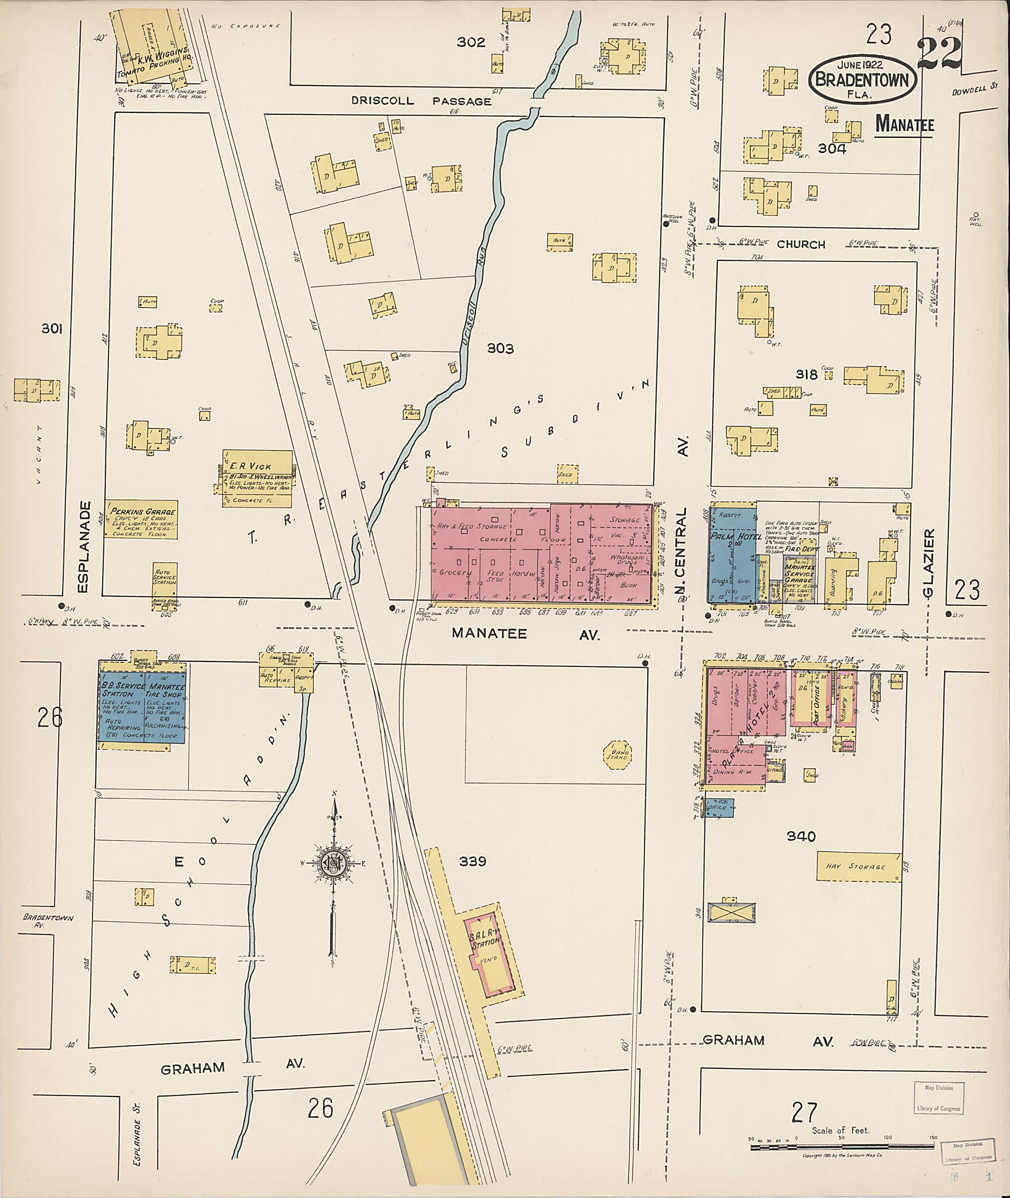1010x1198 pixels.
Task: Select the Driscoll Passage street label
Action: [421, 102]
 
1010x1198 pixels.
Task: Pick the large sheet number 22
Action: [938, 54]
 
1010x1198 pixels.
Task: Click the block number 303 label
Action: [500, 348]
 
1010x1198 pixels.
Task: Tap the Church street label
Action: [800, 245]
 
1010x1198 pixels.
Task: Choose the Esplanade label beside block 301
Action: [84, 547]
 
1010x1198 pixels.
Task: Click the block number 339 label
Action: [472, 861]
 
